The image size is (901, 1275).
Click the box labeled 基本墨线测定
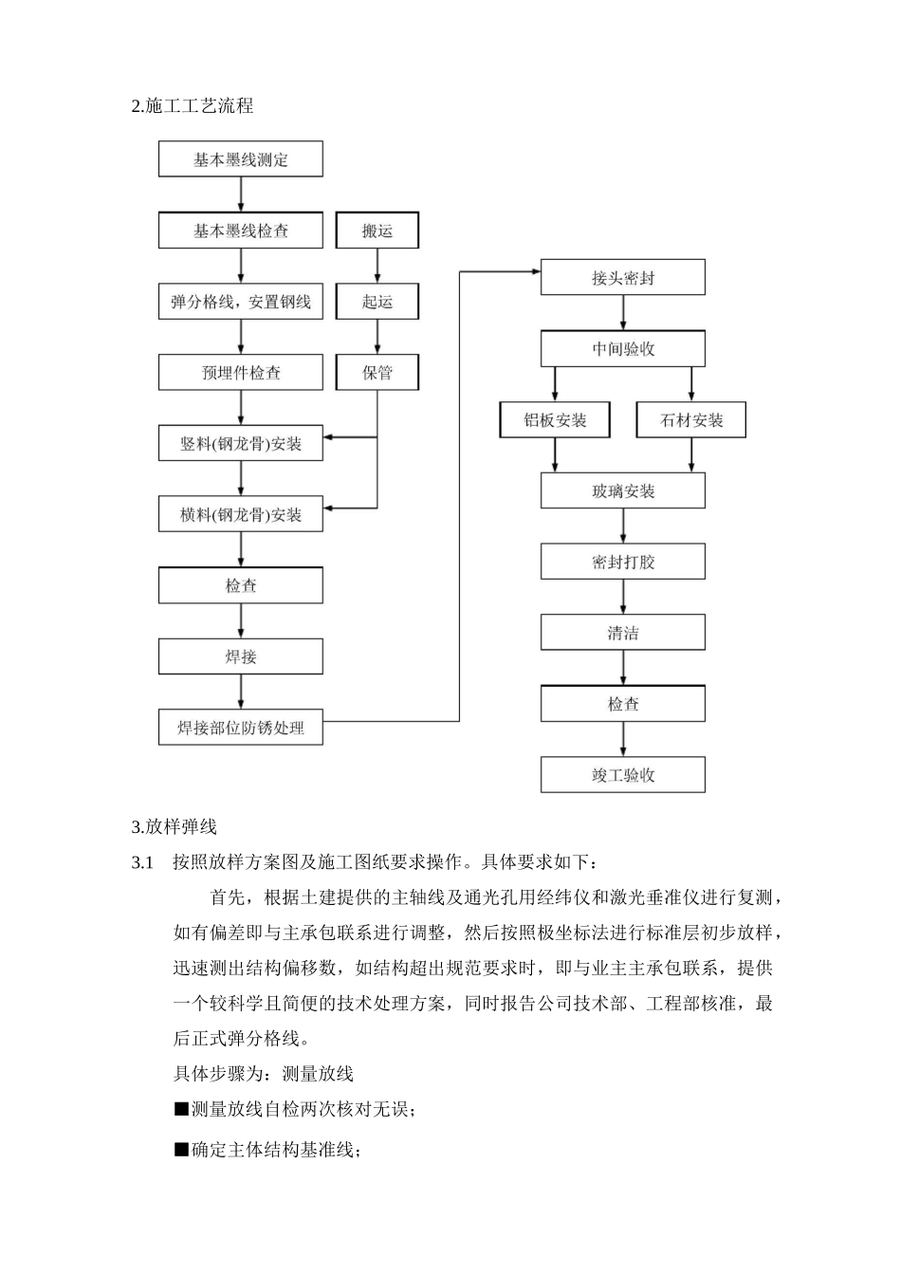coord(240,159)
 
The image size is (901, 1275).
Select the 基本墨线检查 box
coord(240,231)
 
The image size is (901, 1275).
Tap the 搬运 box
coord(377,231)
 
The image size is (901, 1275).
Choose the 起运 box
coord(377,302)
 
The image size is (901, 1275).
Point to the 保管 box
coord(377,373)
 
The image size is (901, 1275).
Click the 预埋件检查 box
coord(240,373)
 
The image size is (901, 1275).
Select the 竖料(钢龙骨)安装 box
coord(240,443)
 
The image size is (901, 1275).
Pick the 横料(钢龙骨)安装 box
coord(240,515)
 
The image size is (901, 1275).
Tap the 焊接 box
coord(240,656)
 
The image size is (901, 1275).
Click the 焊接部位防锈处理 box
coord(240,728)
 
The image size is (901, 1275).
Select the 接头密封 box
coord(622,278)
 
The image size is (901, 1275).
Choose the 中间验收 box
coord(622,349)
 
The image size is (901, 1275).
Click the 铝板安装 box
coord(555,420)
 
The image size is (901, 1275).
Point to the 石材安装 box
coord(690,420)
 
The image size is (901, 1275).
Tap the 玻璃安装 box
coord(622,491)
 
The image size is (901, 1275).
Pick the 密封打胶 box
coord(622,562)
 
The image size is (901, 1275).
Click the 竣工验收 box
coord(622,775)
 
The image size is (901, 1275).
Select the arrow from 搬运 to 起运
coord(377,266)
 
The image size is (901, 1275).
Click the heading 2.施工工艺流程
coord(193,106)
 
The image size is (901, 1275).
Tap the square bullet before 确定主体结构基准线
coord(181,1150)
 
